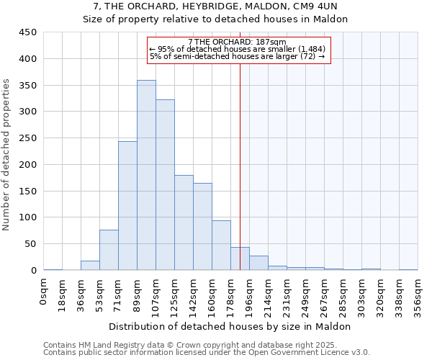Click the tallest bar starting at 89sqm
pos(146,175)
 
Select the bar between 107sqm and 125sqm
pos(165,185)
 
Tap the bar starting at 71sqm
pos(127,206)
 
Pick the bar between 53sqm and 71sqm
pos(109,250)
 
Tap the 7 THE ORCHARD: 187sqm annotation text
pos(237,42)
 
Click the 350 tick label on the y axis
pos(28,85)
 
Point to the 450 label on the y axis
pos(28,32)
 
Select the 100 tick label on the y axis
pos(28,217)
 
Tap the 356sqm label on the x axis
pos(418,294)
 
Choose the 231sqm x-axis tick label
pos(287,294)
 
